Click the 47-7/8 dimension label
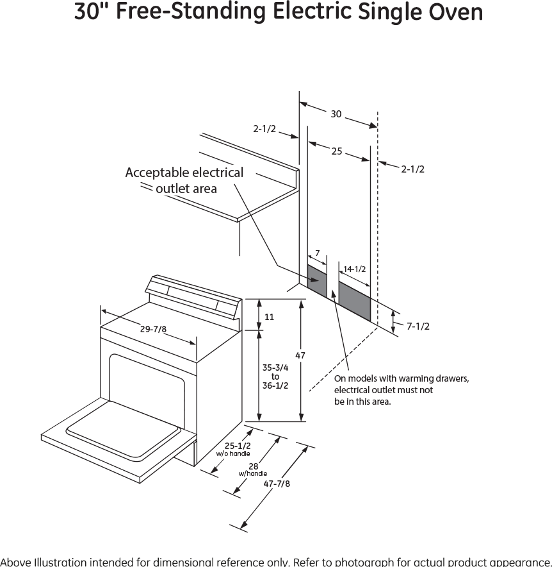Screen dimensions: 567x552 pos(277,484)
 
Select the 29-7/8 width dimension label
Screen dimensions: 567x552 pos(153,329)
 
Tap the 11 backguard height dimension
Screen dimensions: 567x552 pos(269,317)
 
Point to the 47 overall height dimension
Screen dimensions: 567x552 pos(300,355)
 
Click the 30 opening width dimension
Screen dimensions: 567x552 pos(336,114)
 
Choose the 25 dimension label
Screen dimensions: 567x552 pos(337,151)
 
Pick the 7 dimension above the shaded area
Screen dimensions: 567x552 pos(317,255)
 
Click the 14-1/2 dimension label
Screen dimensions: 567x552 pos(354,269)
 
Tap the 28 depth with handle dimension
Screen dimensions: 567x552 pos(253,467)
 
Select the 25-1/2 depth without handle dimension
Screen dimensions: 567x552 pos(238,446)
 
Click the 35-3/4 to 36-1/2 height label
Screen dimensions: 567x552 pos(275,377)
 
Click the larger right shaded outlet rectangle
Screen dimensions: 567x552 pos(354,299)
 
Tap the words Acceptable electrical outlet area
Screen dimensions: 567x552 pos(184,180)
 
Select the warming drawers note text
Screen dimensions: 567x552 pos(401,390)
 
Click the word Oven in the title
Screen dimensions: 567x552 pos(457,13)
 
